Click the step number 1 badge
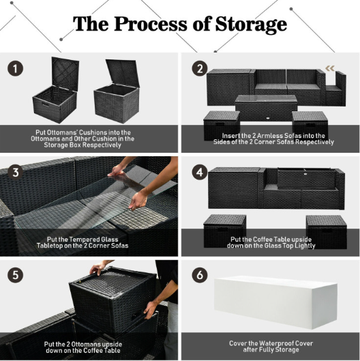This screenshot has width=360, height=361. [16, 69]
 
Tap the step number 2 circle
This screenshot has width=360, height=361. [200, 69]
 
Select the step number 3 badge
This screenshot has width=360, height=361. [16, 172]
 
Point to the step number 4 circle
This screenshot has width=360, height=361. [200, 172]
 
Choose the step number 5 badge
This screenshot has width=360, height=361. [16, 275]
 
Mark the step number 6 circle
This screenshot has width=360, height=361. [200, 275]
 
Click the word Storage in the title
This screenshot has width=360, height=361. [251, 25]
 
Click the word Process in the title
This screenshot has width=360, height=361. [151, 24]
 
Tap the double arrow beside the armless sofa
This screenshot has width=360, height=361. [330, 68]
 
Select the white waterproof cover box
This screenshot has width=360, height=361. [275, 302]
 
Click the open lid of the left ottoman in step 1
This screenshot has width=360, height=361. [65, 72]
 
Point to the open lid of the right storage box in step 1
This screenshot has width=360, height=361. [123, 73]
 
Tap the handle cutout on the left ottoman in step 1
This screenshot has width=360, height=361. [45, 104]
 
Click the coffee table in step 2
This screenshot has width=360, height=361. [266, 108]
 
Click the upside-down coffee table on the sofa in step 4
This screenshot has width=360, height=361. [306, 178]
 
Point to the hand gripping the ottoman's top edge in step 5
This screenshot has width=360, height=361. [97, 268]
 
